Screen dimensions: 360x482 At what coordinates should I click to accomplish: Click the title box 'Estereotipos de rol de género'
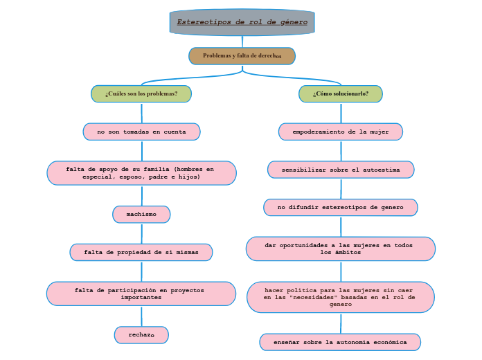pos(242,22)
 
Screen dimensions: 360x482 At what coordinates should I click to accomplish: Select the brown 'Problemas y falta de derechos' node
pos(242,55)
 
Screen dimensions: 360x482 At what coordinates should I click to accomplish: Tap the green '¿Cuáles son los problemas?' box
pos(141,93)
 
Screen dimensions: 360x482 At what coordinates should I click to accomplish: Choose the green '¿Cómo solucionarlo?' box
pos(341,93)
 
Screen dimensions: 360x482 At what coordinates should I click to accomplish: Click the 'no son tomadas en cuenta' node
pos(141,132)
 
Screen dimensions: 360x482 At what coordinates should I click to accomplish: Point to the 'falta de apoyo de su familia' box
pos(141,173)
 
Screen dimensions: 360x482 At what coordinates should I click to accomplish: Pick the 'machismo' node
pos(141,215)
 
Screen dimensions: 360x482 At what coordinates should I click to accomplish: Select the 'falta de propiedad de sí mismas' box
pos(141,252)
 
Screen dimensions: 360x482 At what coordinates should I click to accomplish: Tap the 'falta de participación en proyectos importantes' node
pos(141,294)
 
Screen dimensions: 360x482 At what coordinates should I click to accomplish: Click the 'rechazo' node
pos(141,335)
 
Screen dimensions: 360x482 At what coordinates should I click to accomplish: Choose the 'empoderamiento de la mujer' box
pos(341,132)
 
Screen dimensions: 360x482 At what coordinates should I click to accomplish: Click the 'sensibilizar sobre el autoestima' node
pos(341,170)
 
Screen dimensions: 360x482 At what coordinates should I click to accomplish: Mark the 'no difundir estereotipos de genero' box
pos(341,207)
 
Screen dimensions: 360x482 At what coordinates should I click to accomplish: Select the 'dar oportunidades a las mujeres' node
pos(341,249)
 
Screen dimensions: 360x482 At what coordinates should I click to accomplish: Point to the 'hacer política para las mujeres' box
pos(341,297)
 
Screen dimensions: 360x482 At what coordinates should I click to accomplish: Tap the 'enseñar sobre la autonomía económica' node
pos(340,342)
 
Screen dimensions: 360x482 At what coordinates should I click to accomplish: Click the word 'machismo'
pos(141,215)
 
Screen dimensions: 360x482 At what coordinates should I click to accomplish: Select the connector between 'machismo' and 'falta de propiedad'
pos(141,233)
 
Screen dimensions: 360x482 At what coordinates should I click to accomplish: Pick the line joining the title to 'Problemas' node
pos(242,41)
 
